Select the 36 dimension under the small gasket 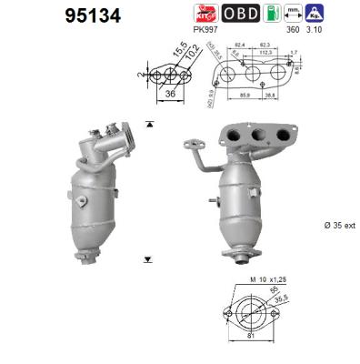pyautogui.click(x=169, y=92)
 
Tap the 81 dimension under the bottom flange pyautogui.click(x=251, y=355)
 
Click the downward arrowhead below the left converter pyautogui.click(x=146, y=259)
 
